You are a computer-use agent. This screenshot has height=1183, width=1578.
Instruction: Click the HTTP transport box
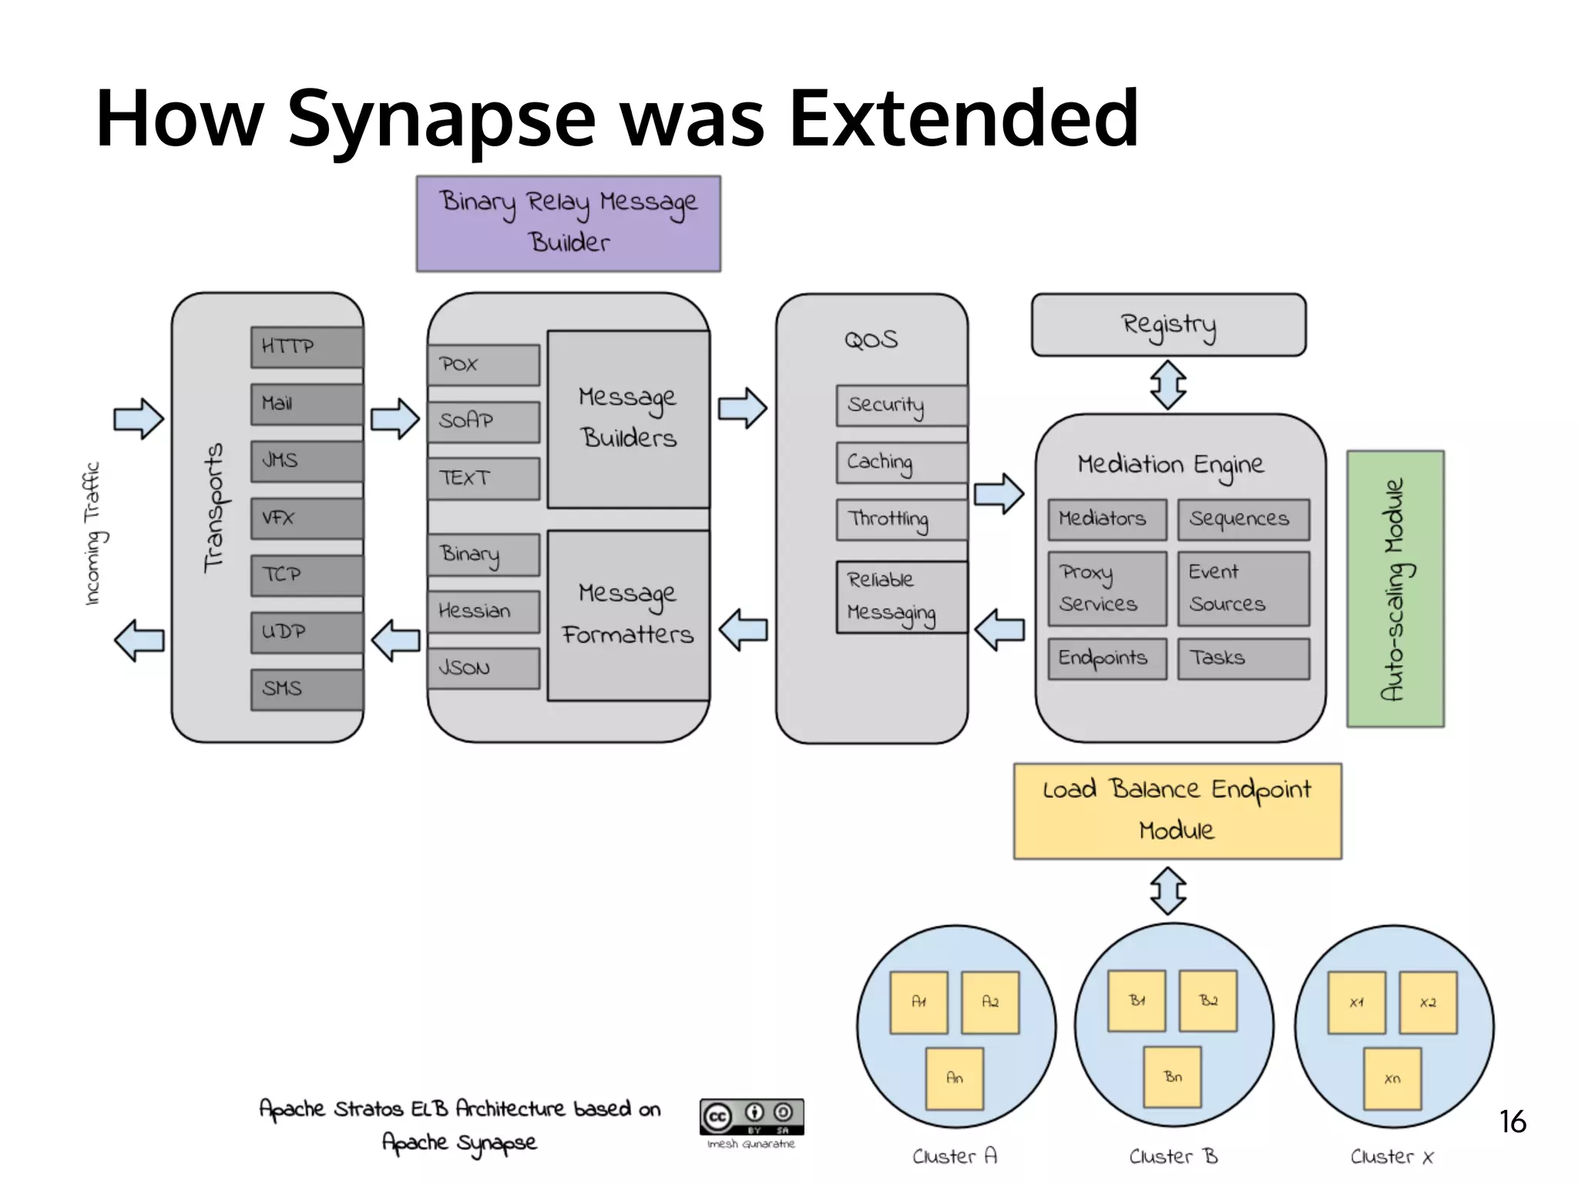307,347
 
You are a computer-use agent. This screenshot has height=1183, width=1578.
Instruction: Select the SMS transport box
307,689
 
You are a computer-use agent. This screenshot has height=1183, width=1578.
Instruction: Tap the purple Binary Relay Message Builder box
569,223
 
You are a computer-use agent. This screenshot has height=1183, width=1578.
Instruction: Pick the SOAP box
484,421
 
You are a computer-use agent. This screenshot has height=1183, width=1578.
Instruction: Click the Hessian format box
484,612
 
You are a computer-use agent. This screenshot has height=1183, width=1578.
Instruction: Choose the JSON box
484,669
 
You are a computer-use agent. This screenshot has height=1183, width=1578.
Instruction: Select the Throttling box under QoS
901,520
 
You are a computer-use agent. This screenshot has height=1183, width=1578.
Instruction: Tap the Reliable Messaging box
901,597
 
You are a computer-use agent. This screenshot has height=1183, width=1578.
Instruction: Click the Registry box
1168,324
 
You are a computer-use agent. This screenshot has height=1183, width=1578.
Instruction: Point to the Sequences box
1244,520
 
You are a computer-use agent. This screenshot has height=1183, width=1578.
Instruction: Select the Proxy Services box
1107,588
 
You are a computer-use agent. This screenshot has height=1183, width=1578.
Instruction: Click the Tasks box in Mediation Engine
1244,659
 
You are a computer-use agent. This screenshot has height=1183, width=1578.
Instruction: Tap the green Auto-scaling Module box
1395,589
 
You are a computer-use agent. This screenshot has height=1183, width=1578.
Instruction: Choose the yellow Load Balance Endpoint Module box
1177,811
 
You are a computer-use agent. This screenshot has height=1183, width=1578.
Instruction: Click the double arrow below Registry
1168,385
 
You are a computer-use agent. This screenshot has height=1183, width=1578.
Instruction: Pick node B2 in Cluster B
1208,1000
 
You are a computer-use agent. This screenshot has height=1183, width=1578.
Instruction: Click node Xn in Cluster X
1392,1078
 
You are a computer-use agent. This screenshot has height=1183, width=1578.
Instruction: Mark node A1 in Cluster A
918,1002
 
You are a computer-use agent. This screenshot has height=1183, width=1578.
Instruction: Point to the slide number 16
1513,1122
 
